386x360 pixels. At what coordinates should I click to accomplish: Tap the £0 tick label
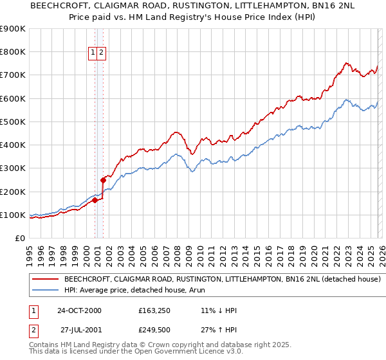pyautogui.click(x=20, y=239)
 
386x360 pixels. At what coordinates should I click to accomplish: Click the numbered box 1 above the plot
pyautogui.click(x=93, y=53)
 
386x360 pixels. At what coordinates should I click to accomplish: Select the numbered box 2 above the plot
pyautogui.click(x=102, y=53)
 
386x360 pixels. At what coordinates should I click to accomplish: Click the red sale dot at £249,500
pyautogui.click(x=103, y=181)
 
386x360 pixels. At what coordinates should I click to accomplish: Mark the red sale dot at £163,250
pyautogui.click(x=95, y=201)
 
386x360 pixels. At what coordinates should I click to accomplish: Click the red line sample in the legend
pyautogui.click(x=46, y=280)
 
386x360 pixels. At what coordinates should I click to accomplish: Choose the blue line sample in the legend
pyautogui.click(x=46, y=291)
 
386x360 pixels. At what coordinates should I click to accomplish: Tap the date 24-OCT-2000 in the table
pyautogui.click(x=79, y=310)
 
